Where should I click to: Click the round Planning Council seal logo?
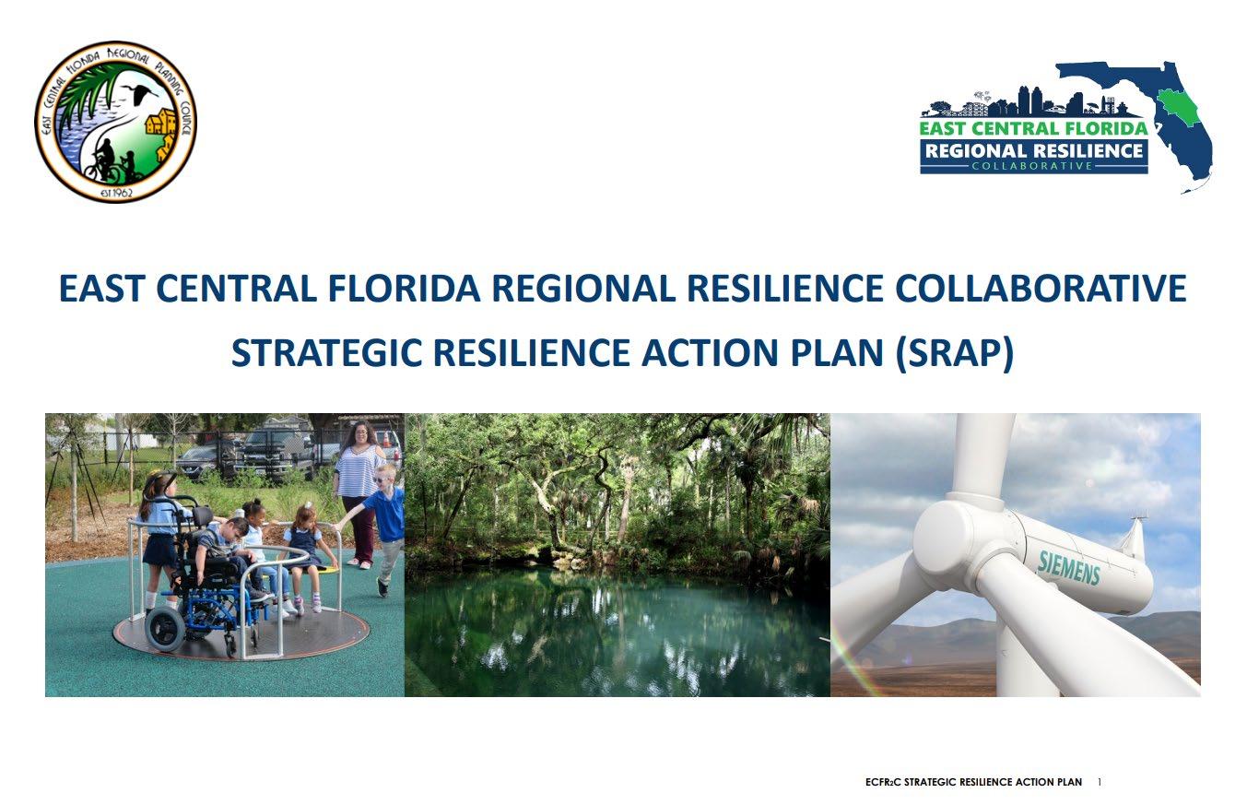tap(116, 122)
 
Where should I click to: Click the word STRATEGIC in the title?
tap(326, 352)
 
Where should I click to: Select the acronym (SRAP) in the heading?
tap(955, 353)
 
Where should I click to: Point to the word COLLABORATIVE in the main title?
tap(1041, 288)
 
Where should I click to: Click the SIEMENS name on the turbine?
tap(1069, 566)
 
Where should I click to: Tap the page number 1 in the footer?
tap(1100, 782)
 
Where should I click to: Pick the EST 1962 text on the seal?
tap(116, 193)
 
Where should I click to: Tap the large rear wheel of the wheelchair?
tap(165, 628)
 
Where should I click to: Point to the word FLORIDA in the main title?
tap(404, 288)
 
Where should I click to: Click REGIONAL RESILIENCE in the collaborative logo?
tap(1034, 151)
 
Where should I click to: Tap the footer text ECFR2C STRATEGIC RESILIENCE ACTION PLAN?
tap(973, 782)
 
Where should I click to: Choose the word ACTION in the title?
tap(711, 352)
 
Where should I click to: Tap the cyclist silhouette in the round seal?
tap(104, 160)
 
